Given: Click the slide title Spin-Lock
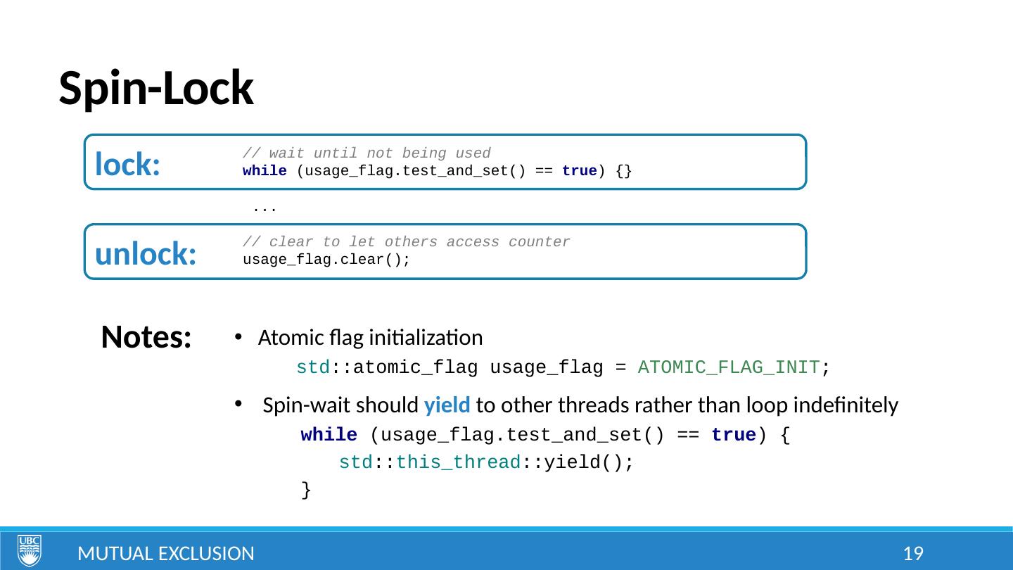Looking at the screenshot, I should pos(155,89).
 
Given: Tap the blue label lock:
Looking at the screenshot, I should pos(127,164).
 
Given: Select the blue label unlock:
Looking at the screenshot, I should pos(145,254).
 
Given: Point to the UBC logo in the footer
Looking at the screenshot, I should pos(30,550).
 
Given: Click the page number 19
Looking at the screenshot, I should pos(912,554).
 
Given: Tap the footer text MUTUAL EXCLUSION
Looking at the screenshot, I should pos(166,554).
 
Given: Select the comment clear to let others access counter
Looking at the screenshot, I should pos(406,242).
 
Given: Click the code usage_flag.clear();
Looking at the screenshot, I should pos(326,260).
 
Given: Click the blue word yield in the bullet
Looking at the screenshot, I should pos(442,405).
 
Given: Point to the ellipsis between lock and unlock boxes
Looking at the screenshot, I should pos(264,208).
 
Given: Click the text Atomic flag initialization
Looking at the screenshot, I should pos(370,338).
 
